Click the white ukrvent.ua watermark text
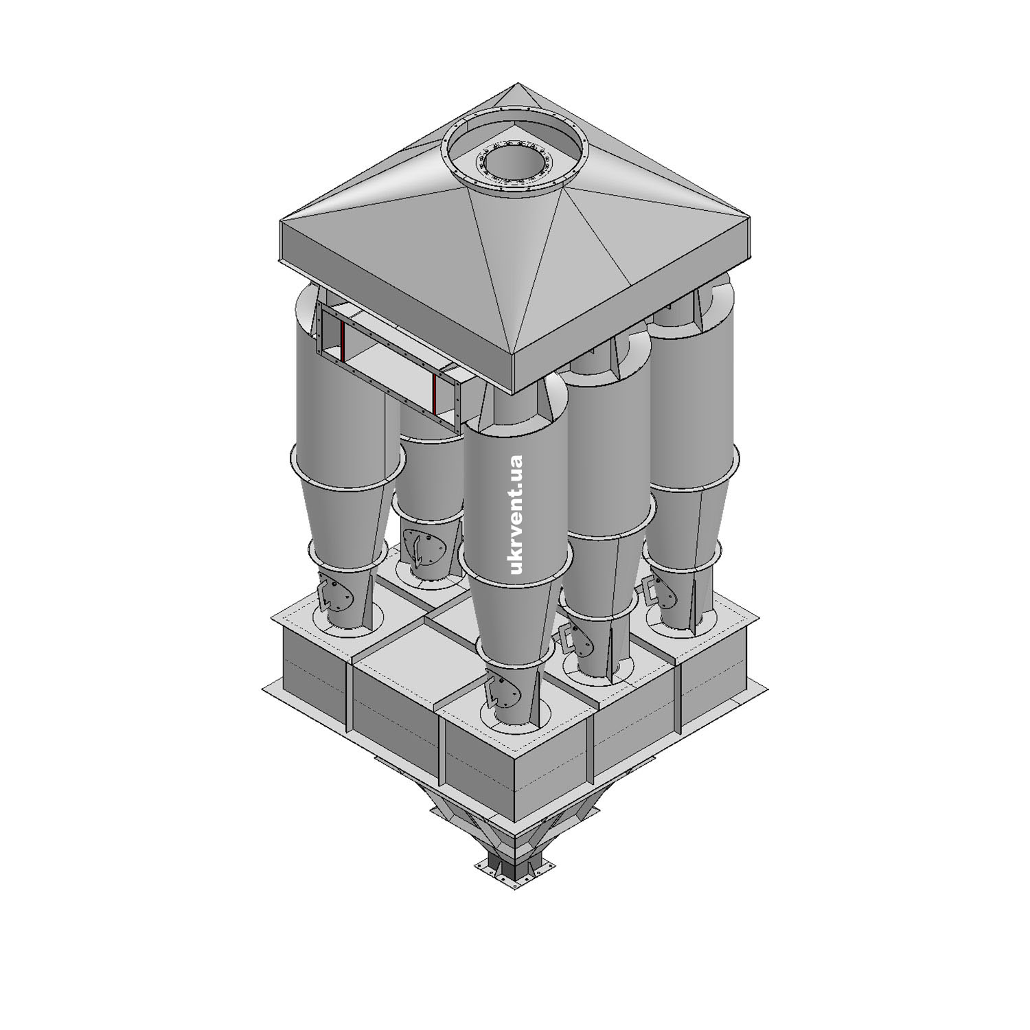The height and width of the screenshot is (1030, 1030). [x=517, y=514]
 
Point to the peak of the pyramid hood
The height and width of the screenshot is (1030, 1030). [x=517, y=84]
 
